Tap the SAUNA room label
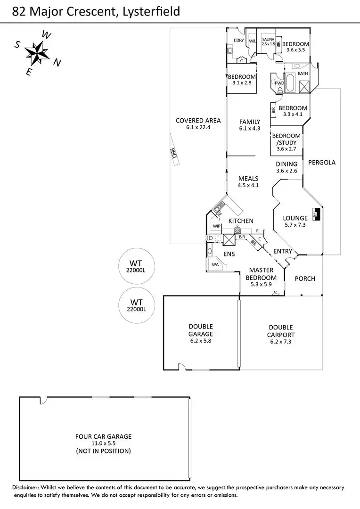click(x=268, y=39)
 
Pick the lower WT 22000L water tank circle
click(x=136, y=305)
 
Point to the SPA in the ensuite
click(x=215, y=265)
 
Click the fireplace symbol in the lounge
click(x=317, y=214)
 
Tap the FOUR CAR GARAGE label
click(x=103, y=436)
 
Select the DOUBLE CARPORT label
click(x=281, y=331)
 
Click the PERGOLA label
click(x=322, y=163)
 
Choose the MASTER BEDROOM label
click(x=261, y=274)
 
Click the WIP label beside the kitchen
click(x=217, y=226)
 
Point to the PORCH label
click(x=304, y=279)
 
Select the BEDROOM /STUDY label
click(x=286, y=140)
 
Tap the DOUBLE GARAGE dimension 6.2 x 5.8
click(x=201, y=341)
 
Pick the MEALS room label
click(x=248, y=179)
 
